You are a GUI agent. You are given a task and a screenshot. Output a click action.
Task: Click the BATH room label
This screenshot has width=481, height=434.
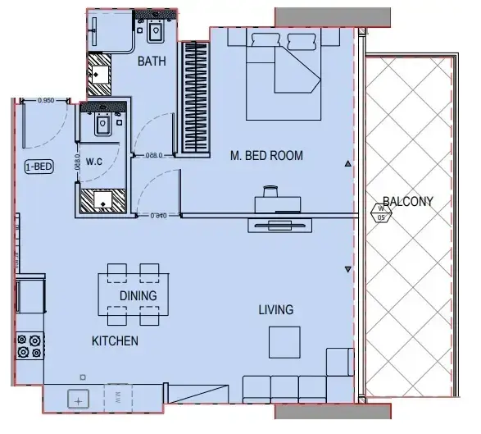[152, 62]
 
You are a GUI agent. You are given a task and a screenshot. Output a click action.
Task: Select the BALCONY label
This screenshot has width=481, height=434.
[407, 202]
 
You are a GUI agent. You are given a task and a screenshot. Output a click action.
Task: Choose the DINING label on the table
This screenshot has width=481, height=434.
[138, 295]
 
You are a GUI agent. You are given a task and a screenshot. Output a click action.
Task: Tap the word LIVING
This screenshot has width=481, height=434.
[275, 309]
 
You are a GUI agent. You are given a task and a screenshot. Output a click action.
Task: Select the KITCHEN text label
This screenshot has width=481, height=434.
[114, 340]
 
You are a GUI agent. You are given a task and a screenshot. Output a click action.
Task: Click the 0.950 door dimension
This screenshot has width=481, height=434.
[47, 100]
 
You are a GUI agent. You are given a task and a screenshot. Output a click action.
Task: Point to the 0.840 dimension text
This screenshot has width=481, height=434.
[159, 216]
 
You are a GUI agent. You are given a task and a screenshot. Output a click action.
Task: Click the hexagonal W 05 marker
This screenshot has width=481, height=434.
[381, 215]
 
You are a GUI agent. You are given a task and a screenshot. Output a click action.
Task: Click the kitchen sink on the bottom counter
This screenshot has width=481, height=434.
[79, 400]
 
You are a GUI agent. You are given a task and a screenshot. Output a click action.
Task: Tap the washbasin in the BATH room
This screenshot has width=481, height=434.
[155, 32]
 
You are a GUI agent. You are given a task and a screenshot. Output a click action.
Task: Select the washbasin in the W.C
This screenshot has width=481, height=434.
[104, 125]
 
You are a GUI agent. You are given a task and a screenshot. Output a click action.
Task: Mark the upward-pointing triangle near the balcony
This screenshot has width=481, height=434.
[348, 165]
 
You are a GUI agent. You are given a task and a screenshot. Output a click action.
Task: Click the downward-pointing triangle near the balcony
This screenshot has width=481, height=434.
[348, 270]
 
